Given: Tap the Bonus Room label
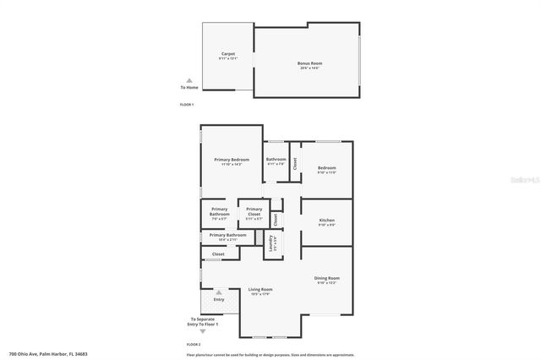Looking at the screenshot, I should click(x=309, y=63).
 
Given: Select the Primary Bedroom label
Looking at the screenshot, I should click(x=231, y=160).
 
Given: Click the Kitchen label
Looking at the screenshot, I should click(x=326, y=220).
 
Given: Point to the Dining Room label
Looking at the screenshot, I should click(x=327, y=277).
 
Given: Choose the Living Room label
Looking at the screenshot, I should click(x=260, y=289).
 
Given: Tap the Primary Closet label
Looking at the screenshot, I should click(x=254, y=209).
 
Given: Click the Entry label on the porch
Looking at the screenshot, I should click(x=219, y=299).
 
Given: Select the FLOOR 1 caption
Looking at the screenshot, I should click(x=187, y=104).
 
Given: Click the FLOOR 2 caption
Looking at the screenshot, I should click(x=194, y=345).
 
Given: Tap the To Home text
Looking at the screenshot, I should click(x=189, y=87).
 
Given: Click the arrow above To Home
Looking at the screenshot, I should click(x=189, y=80).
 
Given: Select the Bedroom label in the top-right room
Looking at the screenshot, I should click(x=326, y=168).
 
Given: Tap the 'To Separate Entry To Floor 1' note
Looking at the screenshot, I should click(x=203, y=322).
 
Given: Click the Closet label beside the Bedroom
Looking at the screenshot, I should click(x=295, y=164).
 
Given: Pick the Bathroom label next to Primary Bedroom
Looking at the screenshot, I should click(x=276, y=160).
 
